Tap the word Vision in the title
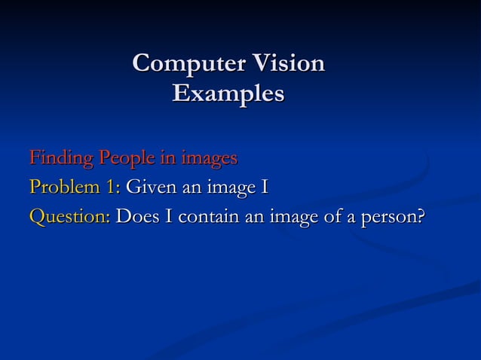pyautogui.click(x=286, y=65)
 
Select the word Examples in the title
pyautogui.click(x=228, y=95)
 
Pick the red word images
pyautogui.click(x=207, y=159)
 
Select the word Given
pyautogui.click(x=150, y=188)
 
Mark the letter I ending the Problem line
pyautogui.click(x=265, y=188)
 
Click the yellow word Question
pyautogui.click(x=68, y=217)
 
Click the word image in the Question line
pyautogui.click(x=296, y=218)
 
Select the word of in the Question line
pyautogui.click(x=336, y=217)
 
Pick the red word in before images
pyautogui.click(x=167, y=159)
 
